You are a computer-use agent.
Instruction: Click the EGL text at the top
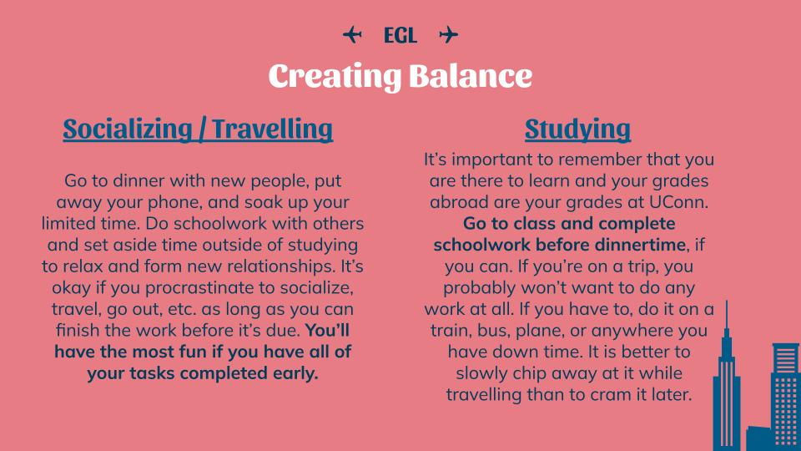[x=400, y=35]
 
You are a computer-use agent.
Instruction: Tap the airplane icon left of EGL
[x=352, y=35]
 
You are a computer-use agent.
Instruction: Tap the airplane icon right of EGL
[x=449, y=35]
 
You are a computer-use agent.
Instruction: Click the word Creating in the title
[x=335, y=77]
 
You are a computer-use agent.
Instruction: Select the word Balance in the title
[x=471, y=76]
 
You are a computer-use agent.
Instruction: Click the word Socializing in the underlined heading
[x=128, y=129]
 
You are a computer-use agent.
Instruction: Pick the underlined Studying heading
[x=577, y=129]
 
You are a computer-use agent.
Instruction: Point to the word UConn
[x=678, y=202]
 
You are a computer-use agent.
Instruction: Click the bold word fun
[x=209, y=352]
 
